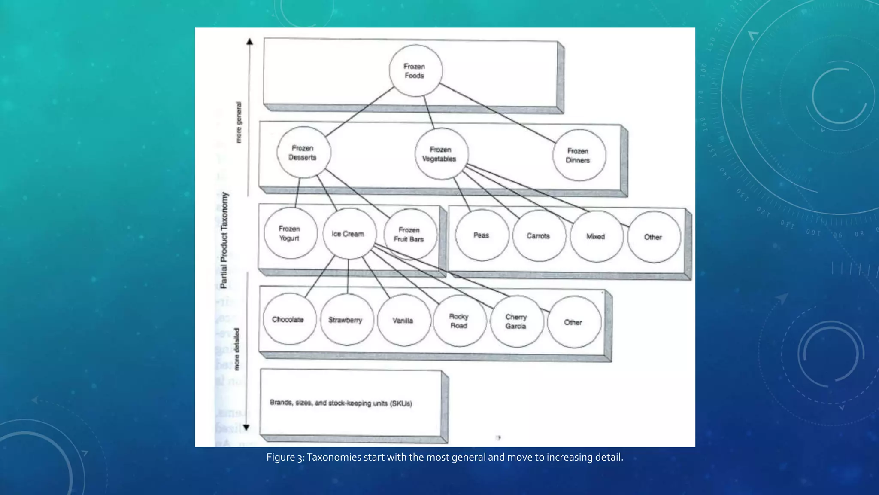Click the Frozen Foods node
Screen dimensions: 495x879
415,71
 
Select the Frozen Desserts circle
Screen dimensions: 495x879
303,153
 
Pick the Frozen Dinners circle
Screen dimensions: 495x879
579,155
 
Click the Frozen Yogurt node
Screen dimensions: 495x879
290,233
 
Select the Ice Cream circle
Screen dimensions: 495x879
349,234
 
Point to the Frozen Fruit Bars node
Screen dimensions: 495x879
410,235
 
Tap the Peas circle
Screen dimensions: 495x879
482,235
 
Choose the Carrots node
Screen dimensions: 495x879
539,236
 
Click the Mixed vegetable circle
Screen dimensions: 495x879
596,236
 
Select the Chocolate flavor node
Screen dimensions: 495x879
288,319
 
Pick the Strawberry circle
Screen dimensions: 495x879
346,320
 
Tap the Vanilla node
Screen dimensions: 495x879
403,320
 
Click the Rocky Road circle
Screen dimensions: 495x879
459,321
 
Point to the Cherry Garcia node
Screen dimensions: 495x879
516,321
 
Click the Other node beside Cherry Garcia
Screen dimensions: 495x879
574,322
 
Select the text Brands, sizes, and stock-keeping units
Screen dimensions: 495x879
341,403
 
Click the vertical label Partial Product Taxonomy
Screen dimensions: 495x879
224,240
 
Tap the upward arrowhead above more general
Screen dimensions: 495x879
250,42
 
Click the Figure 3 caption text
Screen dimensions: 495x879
445,457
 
